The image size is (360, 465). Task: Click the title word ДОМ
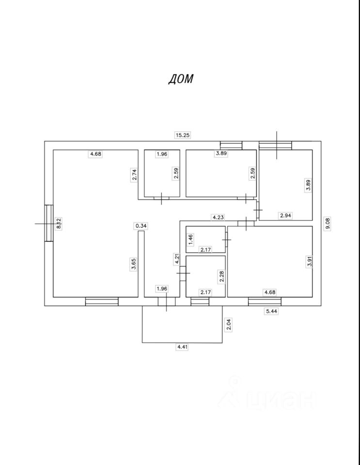[x=180, y=79]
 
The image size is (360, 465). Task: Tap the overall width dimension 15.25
[x=182, y=136]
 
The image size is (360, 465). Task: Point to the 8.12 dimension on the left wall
[x=58, y=223]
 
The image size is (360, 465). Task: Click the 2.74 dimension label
[x=135, y=174]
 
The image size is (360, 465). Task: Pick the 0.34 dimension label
[x=141, y=226]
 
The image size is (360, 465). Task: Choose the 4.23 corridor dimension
[x=217, y=217]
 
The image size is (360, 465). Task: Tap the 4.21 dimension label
[x=178, y=260]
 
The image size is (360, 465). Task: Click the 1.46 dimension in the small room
[x=191, y=239]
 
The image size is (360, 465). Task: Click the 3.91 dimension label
[x=309, y=262]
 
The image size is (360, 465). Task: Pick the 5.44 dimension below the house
[x=271, y=312]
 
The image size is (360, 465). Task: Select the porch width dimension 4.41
[x=182, y=347]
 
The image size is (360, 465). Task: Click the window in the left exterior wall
[x=48, y=223]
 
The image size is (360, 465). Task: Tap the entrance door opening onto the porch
[x=166, y=301]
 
